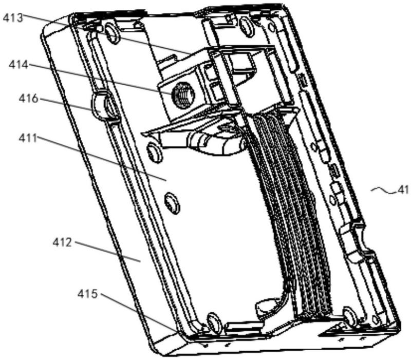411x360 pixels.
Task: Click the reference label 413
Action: pyautogui.click(x=13, y=18)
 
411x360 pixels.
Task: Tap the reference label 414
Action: pyautogui.click(x=18, y=65)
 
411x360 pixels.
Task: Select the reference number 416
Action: pyautogui.click(x=28, y=99)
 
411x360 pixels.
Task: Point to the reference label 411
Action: pyautogui.click(x=28, y=138)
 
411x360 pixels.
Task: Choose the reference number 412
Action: pyautogui.click(x=62, y=242)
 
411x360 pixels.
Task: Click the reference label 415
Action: pyautogui.click(x=87, y=294)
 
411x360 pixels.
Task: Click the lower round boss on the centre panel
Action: pyautogui.click(x=172, y=203)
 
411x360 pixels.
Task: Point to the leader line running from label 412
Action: pyautogui.click(x=107, y=252)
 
